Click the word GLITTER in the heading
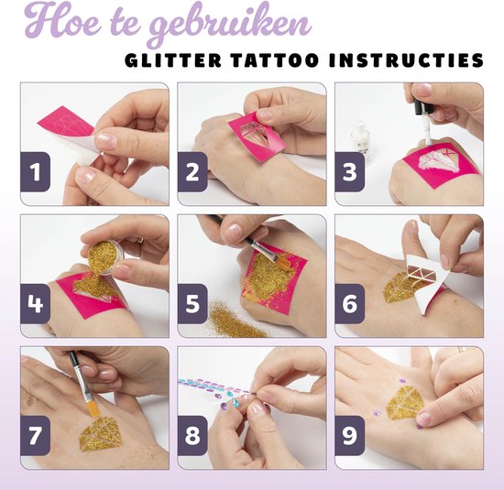click(x=173, y=60)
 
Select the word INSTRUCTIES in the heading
click(x=406, y=60)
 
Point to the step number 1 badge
click(x=36, y=172)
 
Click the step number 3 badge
click(x=350, y=172)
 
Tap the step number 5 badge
click(x=192, y=304)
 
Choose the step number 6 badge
click(x=350, y=304)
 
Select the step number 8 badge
click(x=192, y=435)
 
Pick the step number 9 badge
click(x=350, y=435)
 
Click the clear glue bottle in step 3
click(x=361, y=141)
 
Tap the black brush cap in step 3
click(x=419, y=107)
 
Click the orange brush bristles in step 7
click(x=93, y=408)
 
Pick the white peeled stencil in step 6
click(x=428, y=279)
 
